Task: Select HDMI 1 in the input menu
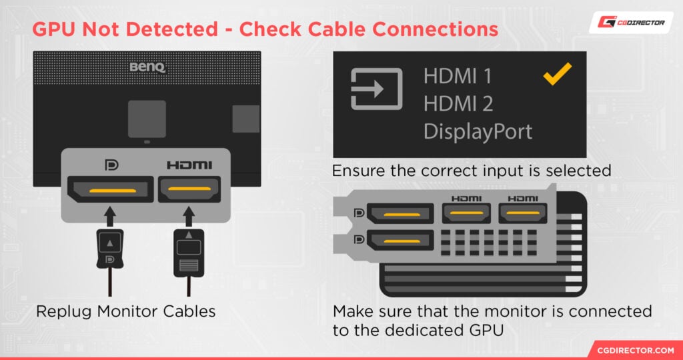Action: (458, 76)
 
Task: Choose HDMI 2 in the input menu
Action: (458, 103)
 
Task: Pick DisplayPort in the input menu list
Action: (478, 131)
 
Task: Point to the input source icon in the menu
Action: (377, 89)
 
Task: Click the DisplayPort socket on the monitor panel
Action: (109, 189)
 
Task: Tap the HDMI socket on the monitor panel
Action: (189, 189)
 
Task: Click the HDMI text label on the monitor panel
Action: (189, 165)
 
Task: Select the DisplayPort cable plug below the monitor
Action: (109, 250)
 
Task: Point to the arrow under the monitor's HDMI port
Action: (189, 215)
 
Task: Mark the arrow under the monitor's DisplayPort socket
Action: (109, 215)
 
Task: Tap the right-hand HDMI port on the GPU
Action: (522, 213)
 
